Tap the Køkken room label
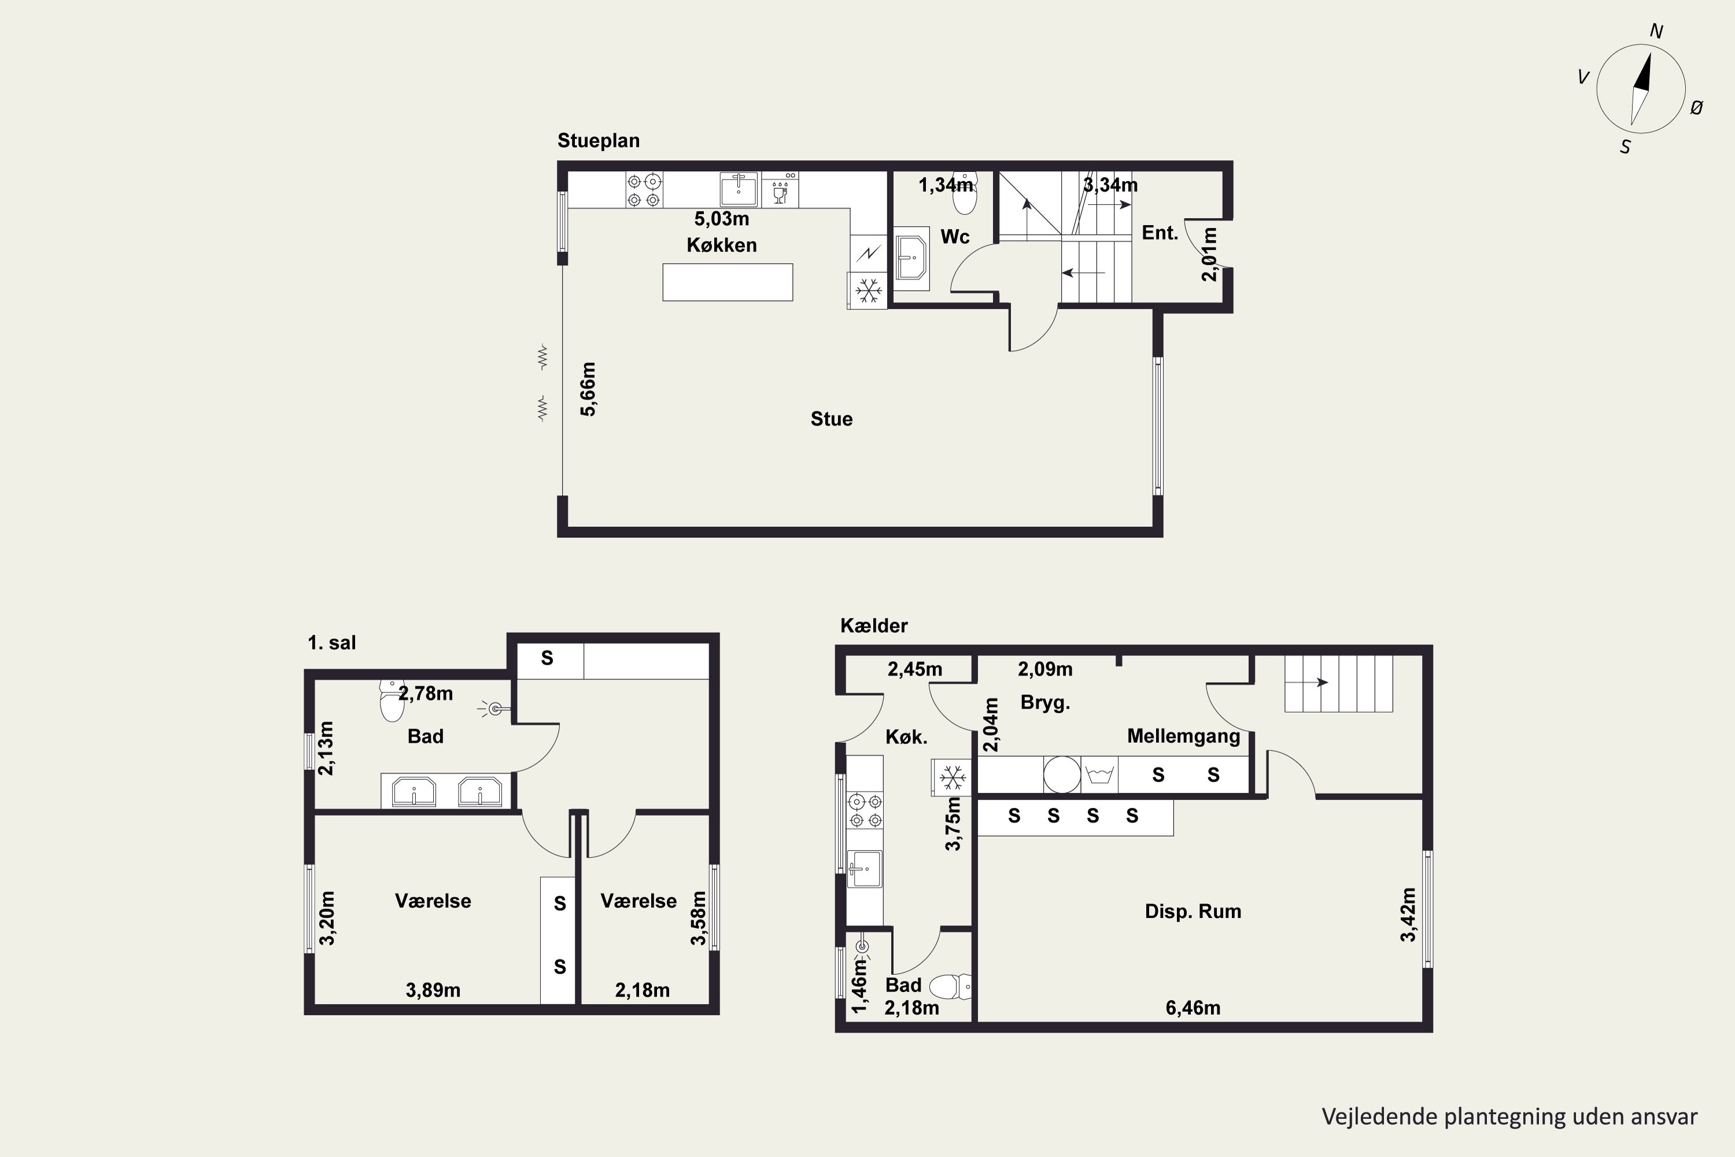click(721, 245)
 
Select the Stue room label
click(832, 419)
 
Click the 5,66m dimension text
click(588, 389)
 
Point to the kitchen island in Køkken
click(728, 282)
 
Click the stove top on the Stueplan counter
click(644, 190)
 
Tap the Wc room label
click(955, 237)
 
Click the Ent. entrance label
click(1160, 233)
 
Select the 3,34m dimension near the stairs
click(1110, 185)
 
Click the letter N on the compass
click(1656, 31)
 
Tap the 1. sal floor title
click(331, 643)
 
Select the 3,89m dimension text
click(433, 990)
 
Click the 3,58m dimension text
click(698, 918)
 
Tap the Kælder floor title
click(874, 626)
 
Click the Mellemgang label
click(1184, 736)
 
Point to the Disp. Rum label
click(1193, 911)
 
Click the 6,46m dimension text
click(1193, 1008)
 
